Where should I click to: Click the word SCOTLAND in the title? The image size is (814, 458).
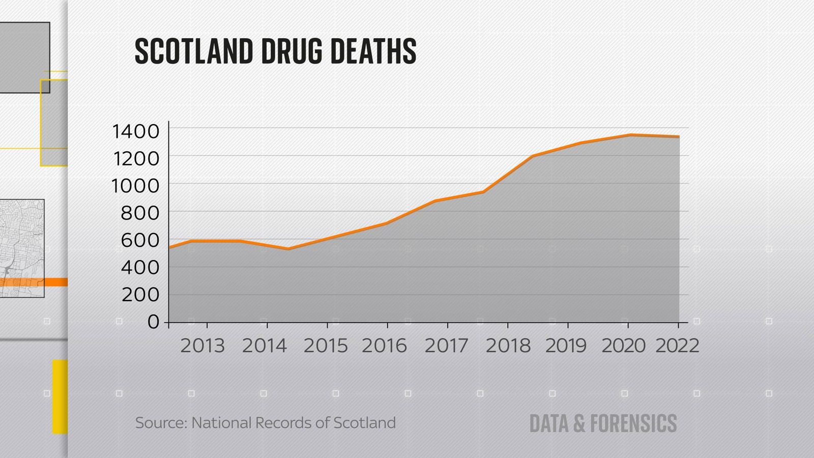[x=194, y=51]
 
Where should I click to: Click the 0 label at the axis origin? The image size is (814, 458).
[x=154, y=322]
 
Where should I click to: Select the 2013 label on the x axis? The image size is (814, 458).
[x=202, y=346]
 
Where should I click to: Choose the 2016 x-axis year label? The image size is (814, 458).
[x=385, y=346]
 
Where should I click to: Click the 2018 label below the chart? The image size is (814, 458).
[x=508, y=346]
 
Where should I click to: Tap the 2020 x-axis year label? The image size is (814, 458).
[x=624, y=346]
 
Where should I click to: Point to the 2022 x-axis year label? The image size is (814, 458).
[x=677, y=346]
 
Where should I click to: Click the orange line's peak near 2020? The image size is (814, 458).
[x=630, y=135]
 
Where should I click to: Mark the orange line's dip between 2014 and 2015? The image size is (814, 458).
[x=288, y=249]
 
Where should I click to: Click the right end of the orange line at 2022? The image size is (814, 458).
[x=679, y=136]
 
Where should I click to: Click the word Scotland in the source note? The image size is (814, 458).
[x=364, y=423]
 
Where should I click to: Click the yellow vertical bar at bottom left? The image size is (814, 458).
[x=60, y=397]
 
